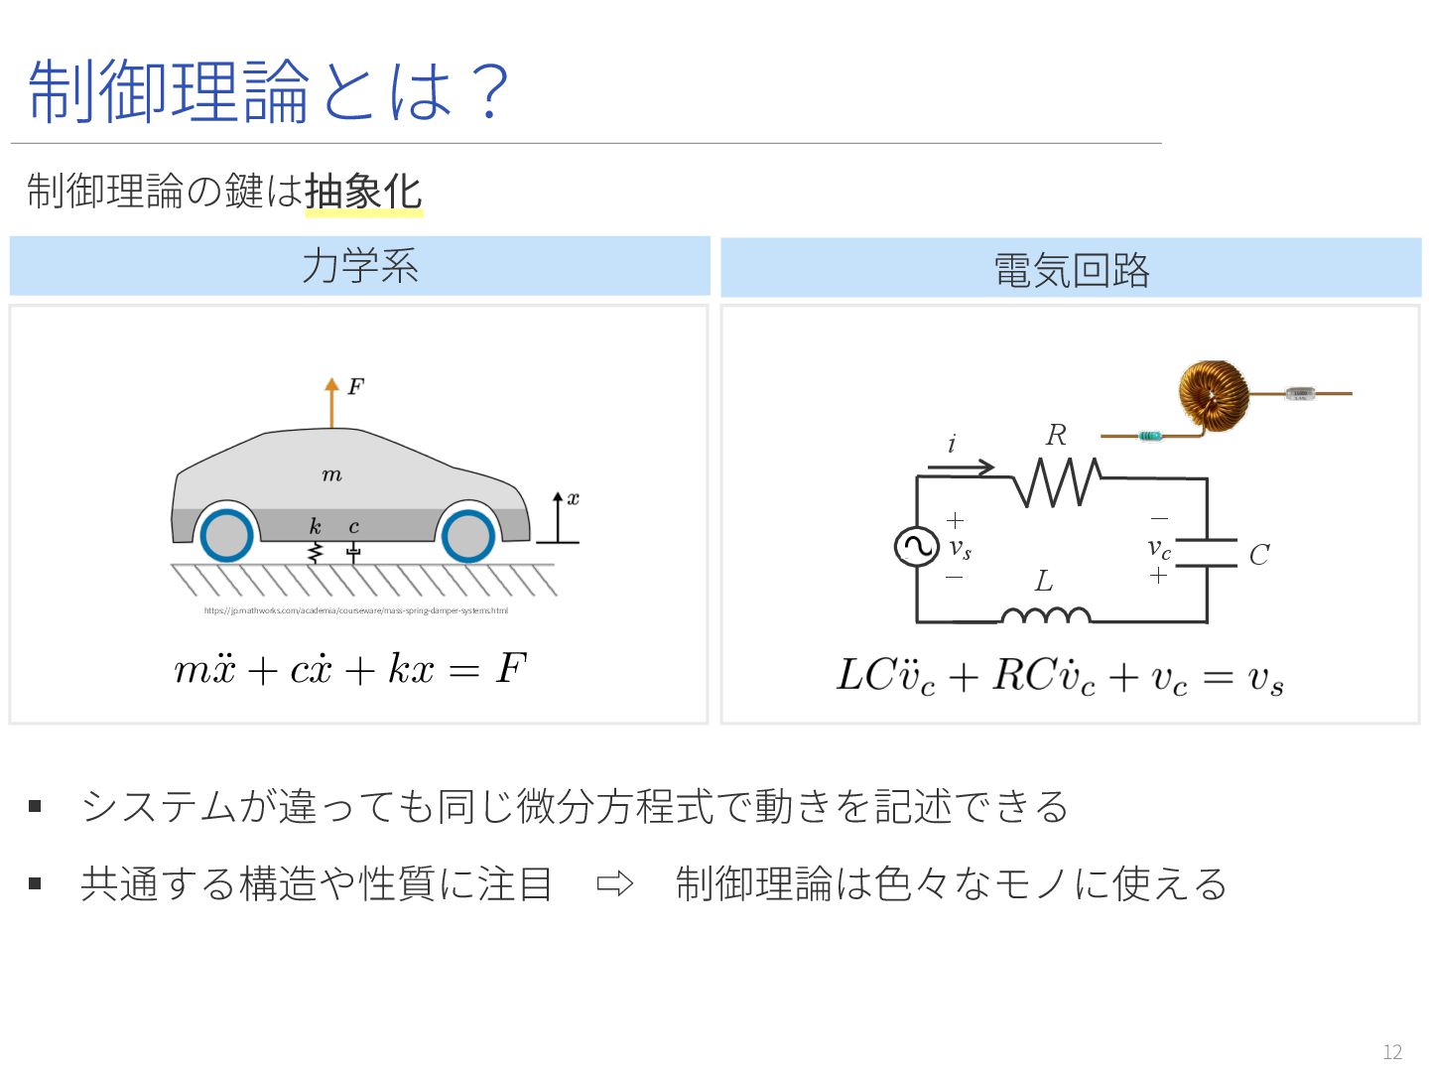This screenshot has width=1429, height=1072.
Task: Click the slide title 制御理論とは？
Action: [x=268, y=90]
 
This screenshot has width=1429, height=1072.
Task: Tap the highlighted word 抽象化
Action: [x=363, y=192]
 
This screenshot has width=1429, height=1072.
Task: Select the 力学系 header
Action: [x=360, y=266]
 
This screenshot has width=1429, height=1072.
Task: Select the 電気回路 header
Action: [x=1071, y=269]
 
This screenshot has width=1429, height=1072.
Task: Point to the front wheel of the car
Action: [x=467, y=536]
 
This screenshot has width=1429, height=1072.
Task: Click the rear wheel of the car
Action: [x=227, y=536]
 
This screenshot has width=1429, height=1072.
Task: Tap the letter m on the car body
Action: [x=332, y=475]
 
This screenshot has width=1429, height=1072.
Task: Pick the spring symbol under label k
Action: [x=316, y=552]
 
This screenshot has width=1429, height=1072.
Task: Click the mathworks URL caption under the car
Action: [x=355, y=610]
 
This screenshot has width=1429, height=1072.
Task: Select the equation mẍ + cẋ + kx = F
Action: [x=350, y=669]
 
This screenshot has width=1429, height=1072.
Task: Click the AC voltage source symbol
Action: [x=916, y=547]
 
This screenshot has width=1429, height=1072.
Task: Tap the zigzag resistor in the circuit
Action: [x=1057, y=481]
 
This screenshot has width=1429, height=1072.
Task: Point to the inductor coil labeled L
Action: [x=1045, y=615]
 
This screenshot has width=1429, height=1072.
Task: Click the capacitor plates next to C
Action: [x=1207, y=553]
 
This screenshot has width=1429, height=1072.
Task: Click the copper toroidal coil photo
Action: [x=1214, y=396]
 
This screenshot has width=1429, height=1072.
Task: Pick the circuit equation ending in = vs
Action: [x=1060, y=677]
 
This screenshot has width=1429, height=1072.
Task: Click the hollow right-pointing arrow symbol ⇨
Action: [x=614, y=883]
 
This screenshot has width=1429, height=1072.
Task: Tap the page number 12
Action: [x=1392, y=1052]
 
